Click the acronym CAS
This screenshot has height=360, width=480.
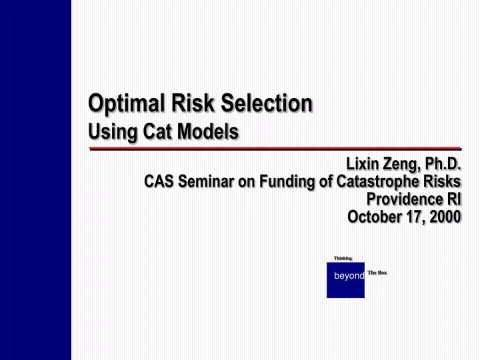(x=160, y=181)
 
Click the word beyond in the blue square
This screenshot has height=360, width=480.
(x=349, y=276)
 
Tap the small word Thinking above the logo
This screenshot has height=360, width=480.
(x=343, y=258)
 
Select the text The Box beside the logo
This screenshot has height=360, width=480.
(x=377, y=273)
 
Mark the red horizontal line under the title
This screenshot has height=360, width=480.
(x=275, y=148)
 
